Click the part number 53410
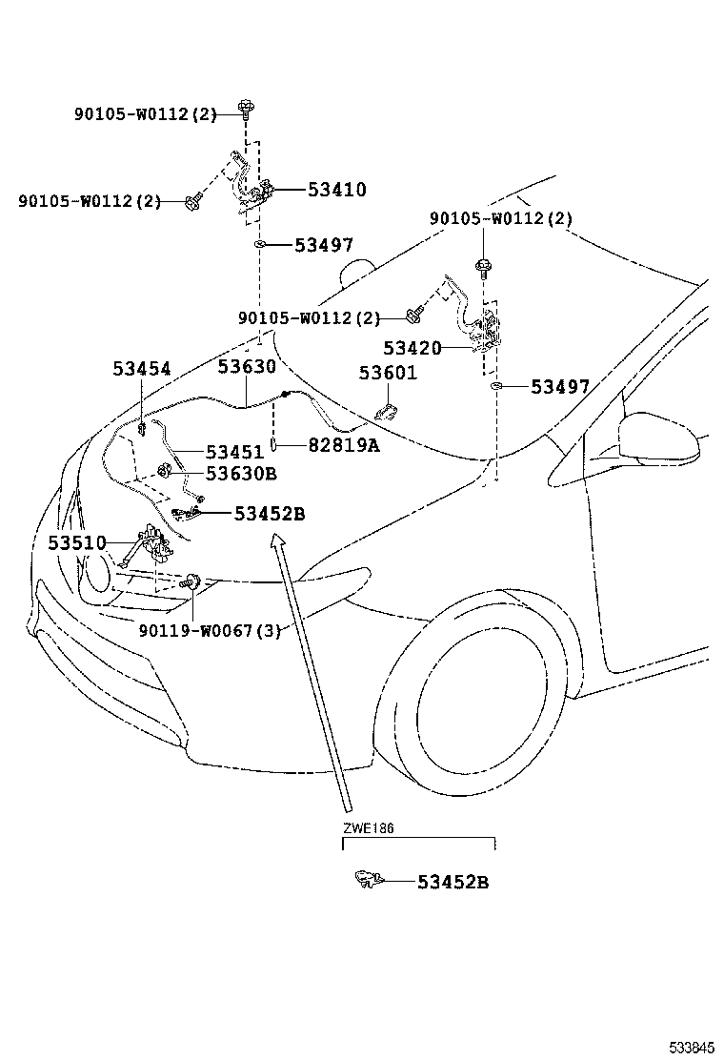click(x=336, y=190)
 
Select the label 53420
click(x=412, y=349)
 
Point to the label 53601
click(x=388, y=373)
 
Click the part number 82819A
click(x=342, y=445)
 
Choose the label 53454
click(x=141, y=369)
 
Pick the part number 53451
click(x=235, y=452)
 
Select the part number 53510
click(x=77, y=543)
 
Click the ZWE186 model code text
click(x=369, y=828)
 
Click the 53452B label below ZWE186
click(x=452, y=883)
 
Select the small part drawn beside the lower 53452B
click(x=365, y=879)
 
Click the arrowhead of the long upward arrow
click(x=278, y=542)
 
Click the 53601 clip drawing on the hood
click(x=388, y=412)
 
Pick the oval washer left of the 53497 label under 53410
click(x=259, y=245)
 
